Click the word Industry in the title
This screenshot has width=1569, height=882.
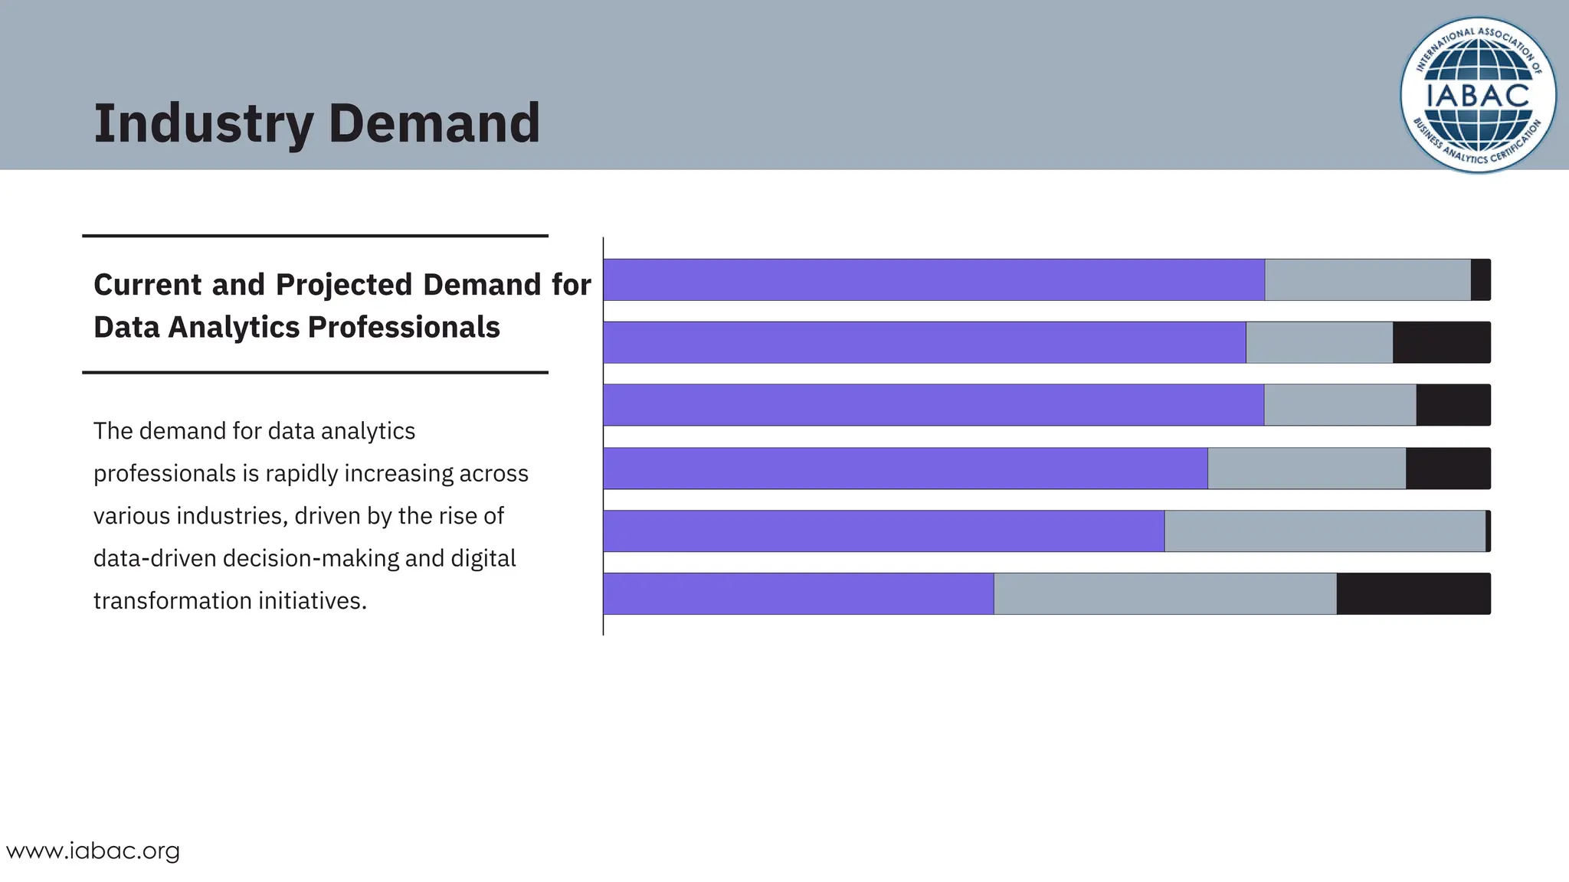(203, 124)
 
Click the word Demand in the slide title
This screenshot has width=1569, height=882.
(434, 124)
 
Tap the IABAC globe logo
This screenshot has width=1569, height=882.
(1478, 95)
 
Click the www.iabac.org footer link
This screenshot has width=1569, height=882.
(93, 851)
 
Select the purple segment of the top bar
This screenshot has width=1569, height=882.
(933, 280)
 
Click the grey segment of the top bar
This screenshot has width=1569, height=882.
(1368, 280)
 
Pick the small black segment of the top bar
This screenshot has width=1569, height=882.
(1480, 280)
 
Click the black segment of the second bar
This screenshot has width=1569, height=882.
(1441, 343)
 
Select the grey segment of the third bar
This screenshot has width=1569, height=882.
(1340, 405)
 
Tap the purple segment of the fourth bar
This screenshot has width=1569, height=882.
(905, 469)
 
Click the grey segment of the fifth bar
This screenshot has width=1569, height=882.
(1325, 531)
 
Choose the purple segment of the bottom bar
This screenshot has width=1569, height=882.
(798, 594)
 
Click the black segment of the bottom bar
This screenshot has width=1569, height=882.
(1413, 594)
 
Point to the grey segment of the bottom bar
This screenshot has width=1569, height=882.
(1164, 594)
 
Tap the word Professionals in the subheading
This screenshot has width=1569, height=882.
(403, 328)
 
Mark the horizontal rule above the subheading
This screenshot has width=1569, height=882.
(315, 236)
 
